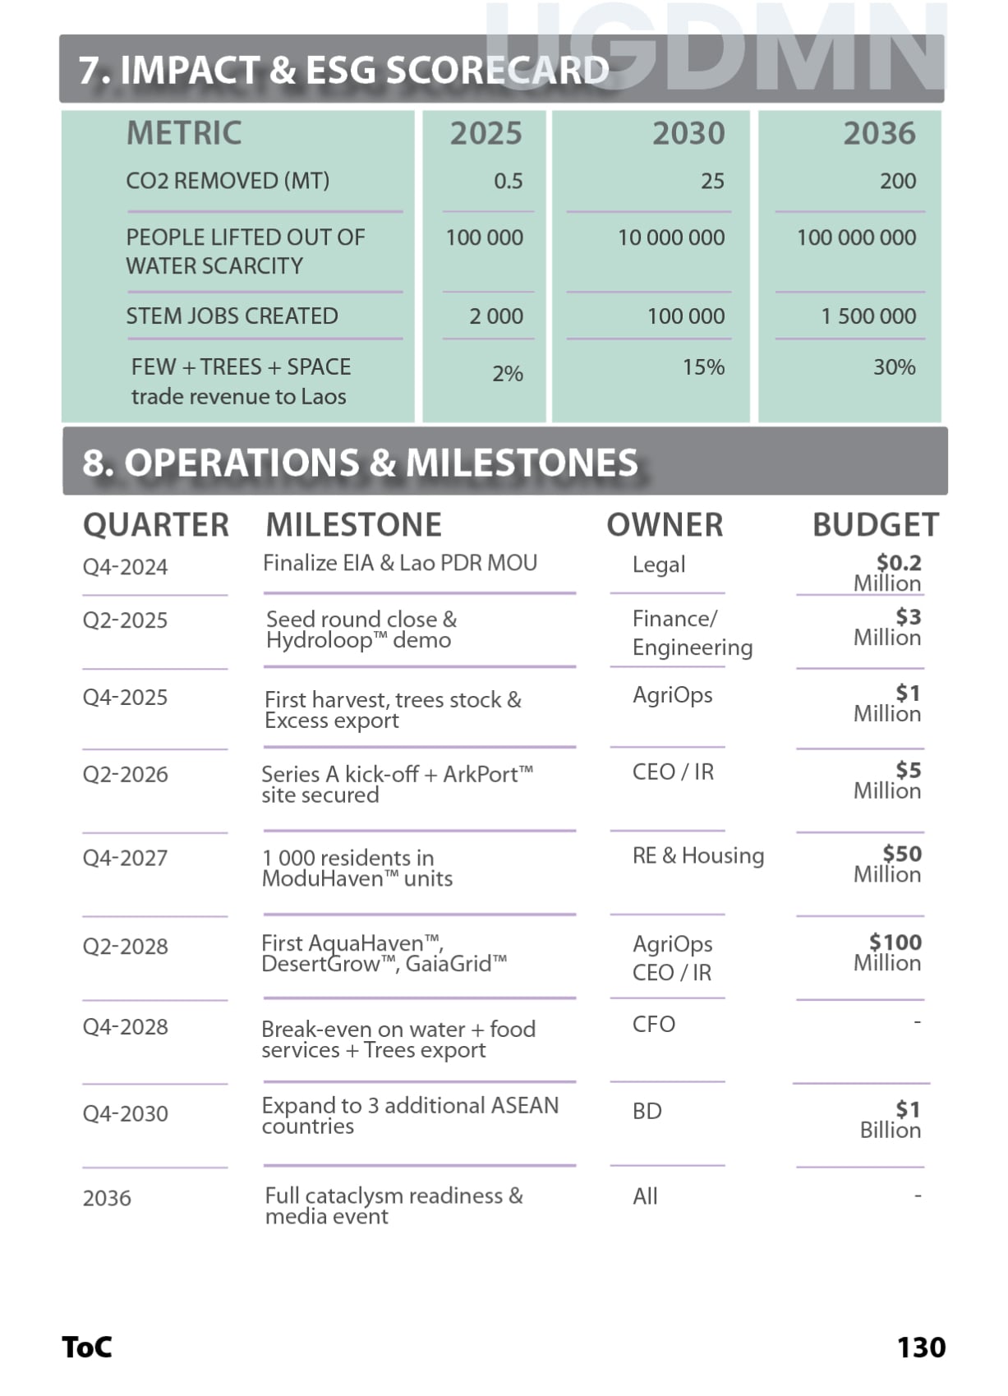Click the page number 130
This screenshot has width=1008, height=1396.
tap(921, 1348)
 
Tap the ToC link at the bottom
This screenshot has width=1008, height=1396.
tap(87, 1348)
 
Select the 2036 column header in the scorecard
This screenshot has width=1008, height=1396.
tap(879, 133)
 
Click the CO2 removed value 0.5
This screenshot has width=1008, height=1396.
tap(508, 181)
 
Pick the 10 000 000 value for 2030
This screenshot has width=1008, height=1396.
tap(671, 237)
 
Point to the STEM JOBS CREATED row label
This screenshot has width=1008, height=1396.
tap(232, 316)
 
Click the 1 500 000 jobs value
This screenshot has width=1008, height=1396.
tap(868, 316)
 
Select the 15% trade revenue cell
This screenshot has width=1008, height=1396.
tap(703, 366)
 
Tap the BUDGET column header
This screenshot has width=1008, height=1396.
tap(876, 525)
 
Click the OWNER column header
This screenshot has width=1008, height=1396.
tap(665, 525)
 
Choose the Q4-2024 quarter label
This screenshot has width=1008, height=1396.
tap(125, 567)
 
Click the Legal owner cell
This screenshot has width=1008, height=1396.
tap(659, 564)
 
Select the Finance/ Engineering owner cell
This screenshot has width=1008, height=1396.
tap(692, 633)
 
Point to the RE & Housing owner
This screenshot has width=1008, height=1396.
tap(697, 855)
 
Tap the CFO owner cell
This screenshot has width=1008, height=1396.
tap(654, 1024)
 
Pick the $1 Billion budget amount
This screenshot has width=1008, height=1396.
tap(892, 1119)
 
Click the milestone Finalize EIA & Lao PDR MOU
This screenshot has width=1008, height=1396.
tap(400, 563)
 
